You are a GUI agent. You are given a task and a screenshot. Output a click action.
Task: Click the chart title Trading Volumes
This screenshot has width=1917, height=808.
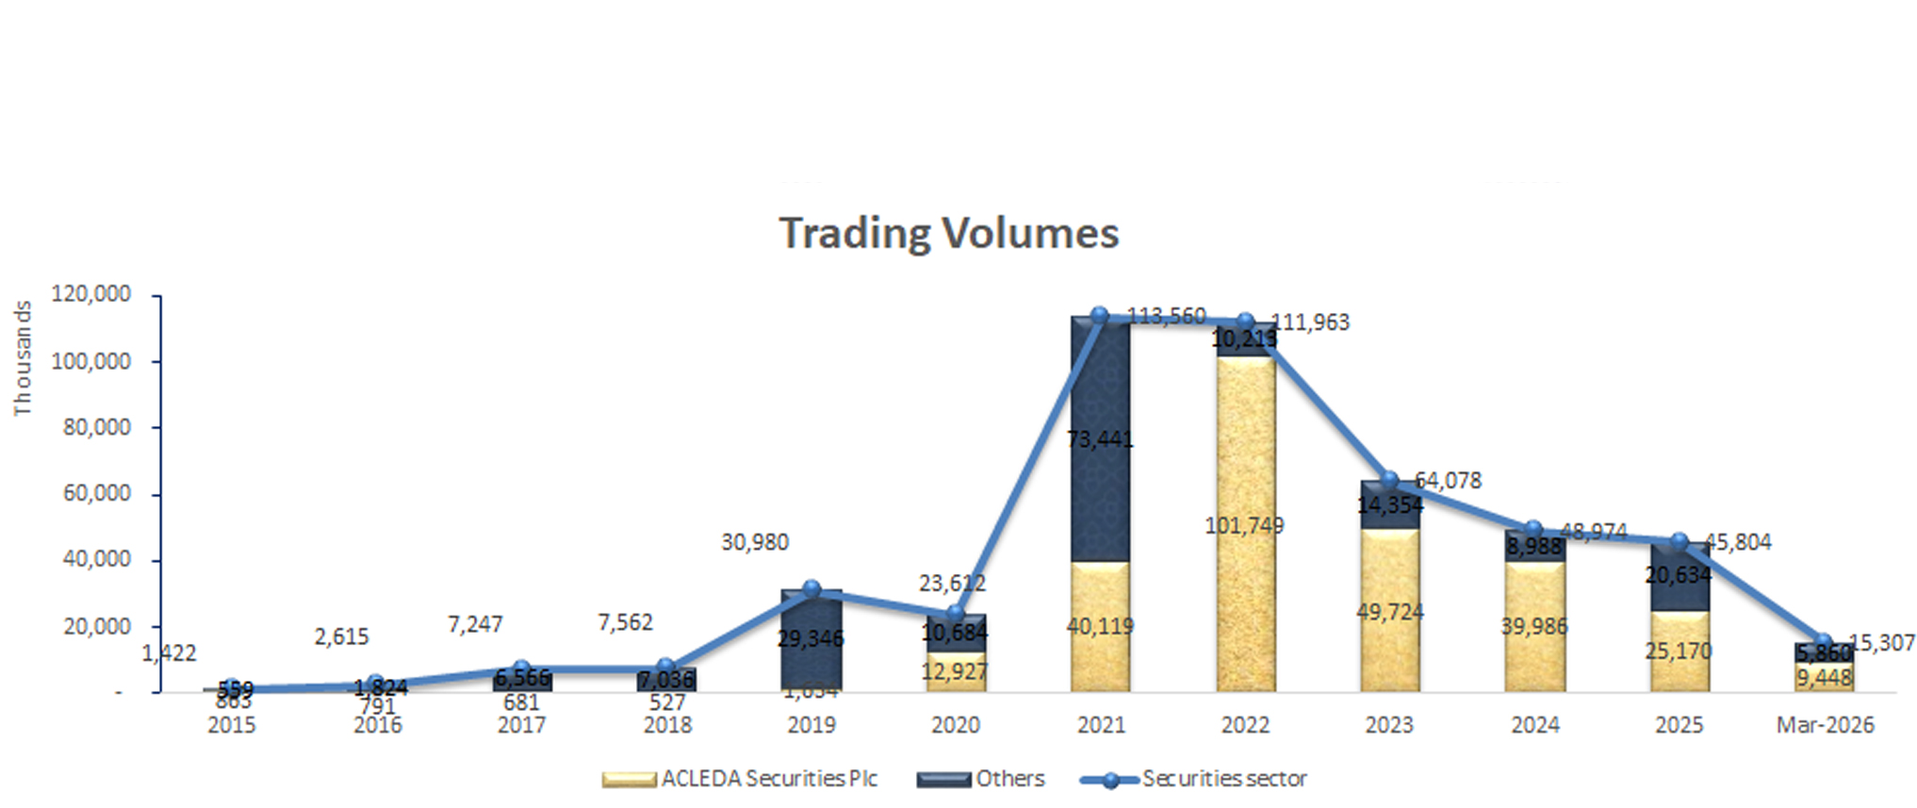948,233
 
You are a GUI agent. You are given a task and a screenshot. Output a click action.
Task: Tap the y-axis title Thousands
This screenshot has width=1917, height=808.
23,358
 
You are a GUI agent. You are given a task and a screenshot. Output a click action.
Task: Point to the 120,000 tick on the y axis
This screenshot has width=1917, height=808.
91,294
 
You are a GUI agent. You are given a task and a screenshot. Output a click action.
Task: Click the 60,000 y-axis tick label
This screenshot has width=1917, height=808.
97,493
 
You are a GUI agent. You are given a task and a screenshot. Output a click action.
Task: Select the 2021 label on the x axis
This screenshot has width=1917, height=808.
1101,725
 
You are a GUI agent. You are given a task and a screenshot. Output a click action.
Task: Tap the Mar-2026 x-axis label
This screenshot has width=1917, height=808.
1825,725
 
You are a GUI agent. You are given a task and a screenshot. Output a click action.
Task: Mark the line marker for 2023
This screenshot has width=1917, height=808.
1389,481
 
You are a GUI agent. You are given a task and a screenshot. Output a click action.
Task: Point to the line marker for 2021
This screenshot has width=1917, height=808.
1099,316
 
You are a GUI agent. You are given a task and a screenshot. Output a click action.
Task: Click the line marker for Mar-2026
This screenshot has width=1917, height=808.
1824,642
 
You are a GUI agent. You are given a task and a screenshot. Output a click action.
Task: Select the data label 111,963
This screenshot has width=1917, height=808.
1311,322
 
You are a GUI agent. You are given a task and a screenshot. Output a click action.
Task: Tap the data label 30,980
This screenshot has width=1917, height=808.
755,542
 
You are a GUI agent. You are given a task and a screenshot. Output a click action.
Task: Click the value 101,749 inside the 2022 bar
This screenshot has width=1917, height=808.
1244,526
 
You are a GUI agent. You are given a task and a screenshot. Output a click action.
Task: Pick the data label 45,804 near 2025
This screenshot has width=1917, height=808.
1738,542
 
